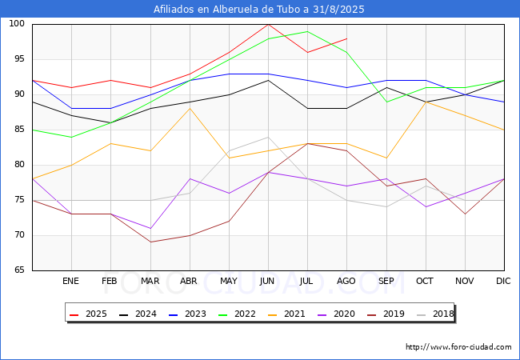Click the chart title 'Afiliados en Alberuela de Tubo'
pos(260,9)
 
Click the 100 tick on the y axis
pos(18,24)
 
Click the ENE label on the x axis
pos(71,281)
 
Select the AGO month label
pos(346,281)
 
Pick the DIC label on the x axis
pos(503,281)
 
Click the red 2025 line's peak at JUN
pos(268,24)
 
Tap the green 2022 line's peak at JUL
pos(307,31)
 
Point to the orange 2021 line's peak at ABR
pos(190,108)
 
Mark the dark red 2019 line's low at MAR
pos(150,242)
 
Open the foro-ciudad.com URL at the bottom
pos(458,347)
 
